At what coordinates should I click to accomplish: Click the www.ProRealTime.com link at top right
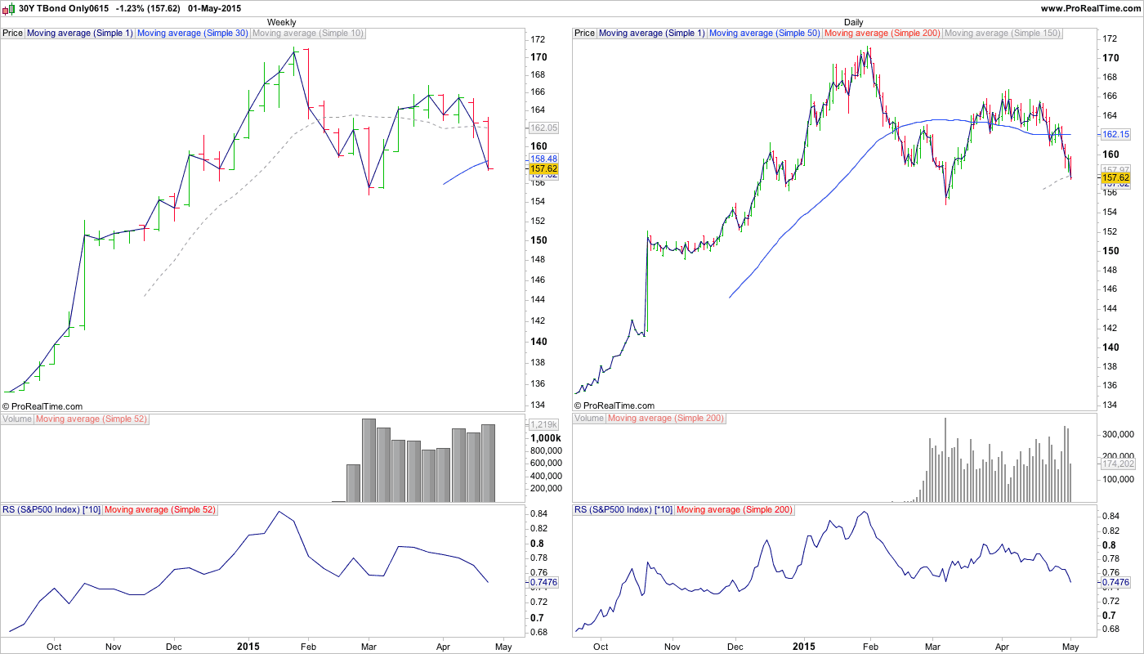pyautogui.click(x=1091, y=7)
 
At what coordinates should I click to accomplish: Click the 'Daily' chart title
pyautogui.click(x=853, y=22)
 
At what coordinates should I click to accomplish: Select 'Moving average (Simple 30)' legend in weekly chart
pyautogui.click(x=192, y=34)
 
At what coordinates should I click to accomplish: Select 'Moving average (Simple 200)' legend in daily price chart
pyautogui.click(x=882, y=34)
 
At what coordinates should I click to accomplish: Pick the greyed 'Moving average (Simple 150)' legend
pyautogui.click(x=1003, y=34)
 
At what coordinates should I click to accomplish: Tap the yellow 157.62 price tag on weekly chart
pyautogui.click(x=543, y=168)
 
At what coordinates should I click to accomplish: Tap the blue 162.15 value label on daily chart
pyautogui.click(x=1115, y=134)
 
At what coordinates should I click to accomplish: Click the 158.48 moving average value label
pyautogui.click(x=543, y=159)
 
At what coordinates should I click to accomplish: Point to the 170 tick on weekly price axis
pyautogui.click(x=538, y=57)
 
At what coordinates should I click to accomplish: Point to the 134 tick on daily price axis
pyautogui.click(x=1110, y=405)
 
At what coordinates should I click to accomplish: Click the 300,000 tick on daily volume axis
pyautogui.click(x=1115, y=434)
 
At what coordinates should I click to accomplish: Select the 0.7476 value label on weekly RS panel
pyautogui.click(x=543, y=582)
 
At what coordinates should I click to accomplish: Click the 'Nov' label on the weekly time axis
pyautogui.click(x=114, y=646)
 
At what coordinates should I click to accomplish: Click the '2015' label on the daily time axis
pyautogui.click(x=805, y=646)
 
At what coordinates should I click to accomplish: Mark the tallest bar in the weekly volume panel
pyautogui.click(x=369, y=460)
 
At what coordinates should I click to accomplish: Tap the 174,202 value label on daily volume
pyautogui.click(x=1115, y=464)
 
